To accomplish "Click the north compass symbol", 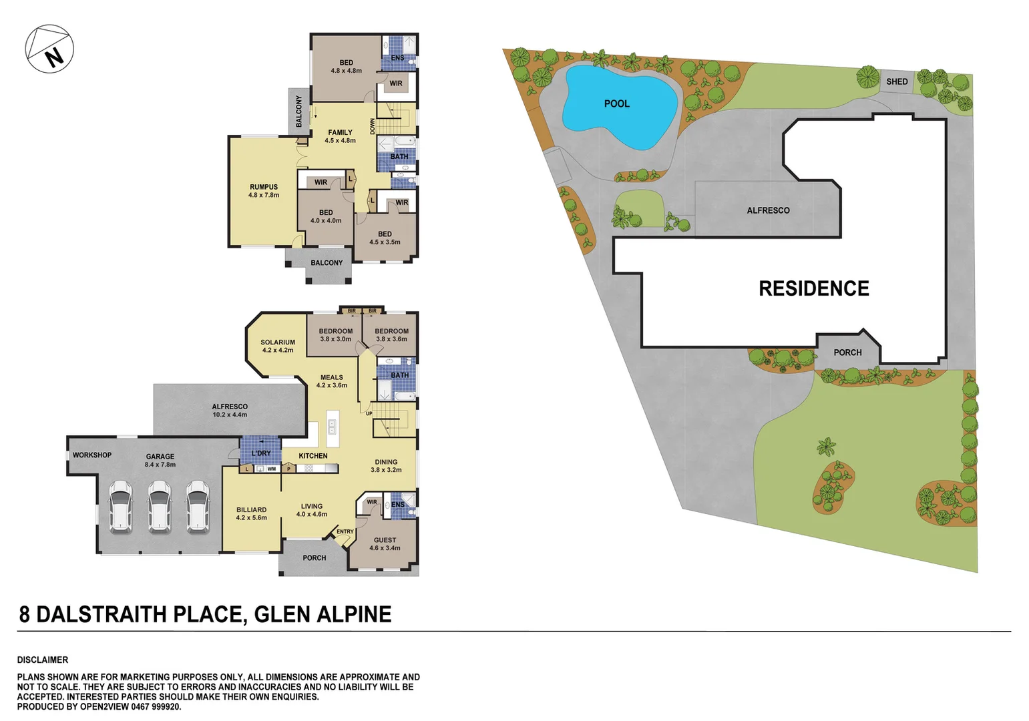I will point(49,49).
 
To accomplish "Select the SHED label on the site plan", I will point(897,81).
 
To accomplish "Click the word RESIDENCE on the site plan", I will point(813,288).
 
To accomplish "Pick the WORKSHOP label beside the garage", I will point(92,455).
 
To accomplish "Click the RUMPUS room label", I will point(264,188).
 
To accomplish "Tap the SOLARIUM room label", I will point(278,342).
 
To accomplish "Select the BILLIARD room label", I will point(251,510).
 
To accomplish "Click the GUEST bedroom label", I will point(385,540).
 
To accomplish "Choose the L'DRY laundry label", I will point(261,453).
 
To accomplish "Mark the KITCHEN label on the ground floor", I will point(313,456).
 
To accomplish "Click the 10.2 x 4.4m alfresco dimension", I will point(230,415).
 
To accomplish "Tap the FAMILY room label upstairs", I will point(340,133).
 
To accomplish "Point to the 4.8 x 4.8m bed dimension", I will point(346,71).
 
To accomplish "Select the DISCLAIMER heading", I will point(43,660).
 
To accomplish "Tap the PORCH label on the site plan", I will point(847,352).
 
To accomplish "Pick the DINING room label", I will point(386,462).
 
